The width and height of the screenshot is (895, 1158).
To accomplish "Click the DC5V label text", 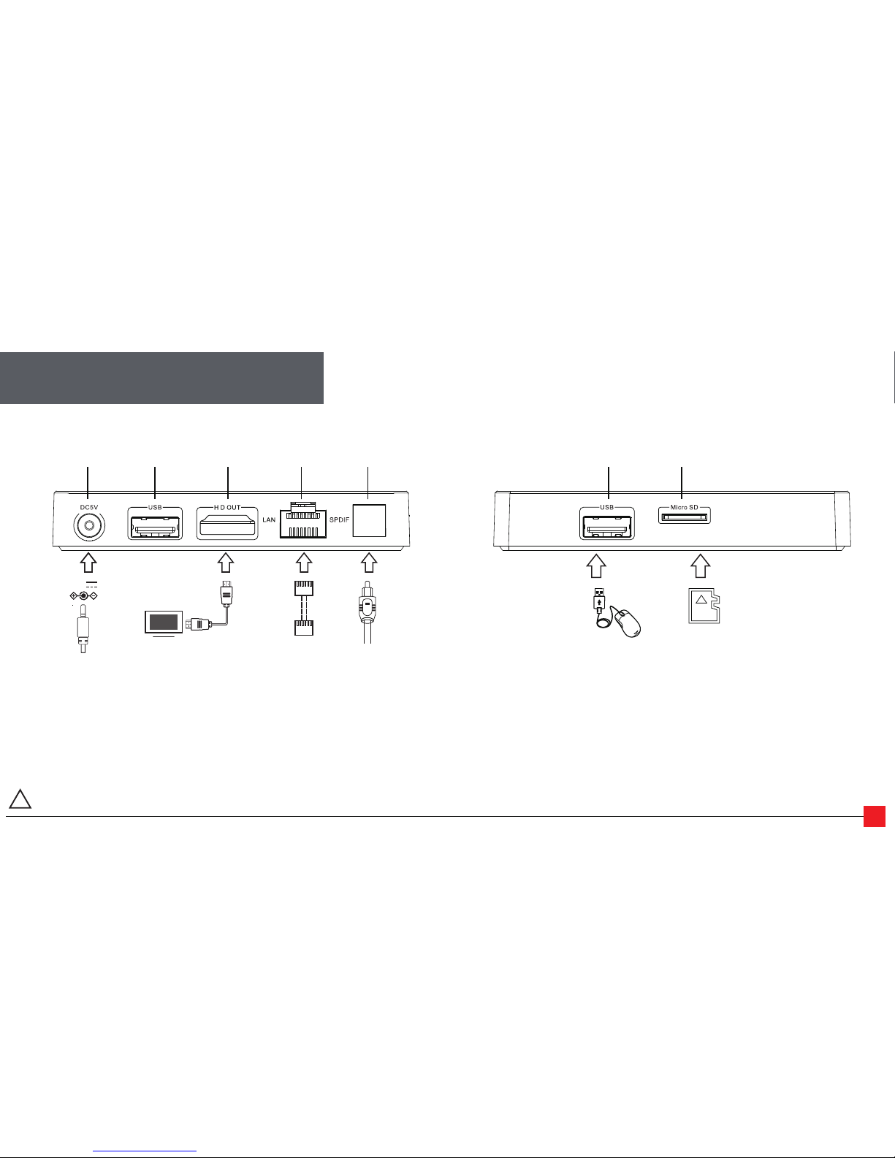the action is click(x=89, y=507).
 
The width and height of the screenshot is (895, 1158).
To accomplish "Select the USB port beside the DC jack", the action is click(x=155, y=524).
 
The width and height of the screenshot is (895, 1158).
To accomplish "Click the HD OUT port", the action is click(x=227, y=524).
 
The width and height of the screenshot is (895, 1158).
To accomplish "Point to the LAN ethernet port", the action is click(x=302, y=519).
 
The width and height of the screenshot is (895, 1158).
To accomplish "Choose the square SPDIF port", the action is click(x=369, y=521).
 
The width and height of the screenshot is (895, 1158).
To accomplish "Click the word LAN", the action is click(x=269, y=519).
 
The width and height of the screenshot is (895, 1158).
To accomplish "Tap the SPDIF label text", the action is click(x=339, y=519).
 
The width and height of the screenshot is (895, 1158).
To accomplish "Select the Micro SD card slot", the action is click(x=685, y=517).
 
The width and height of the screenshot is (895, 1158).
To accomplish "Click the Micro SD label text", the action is click(x=685, y=507).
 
